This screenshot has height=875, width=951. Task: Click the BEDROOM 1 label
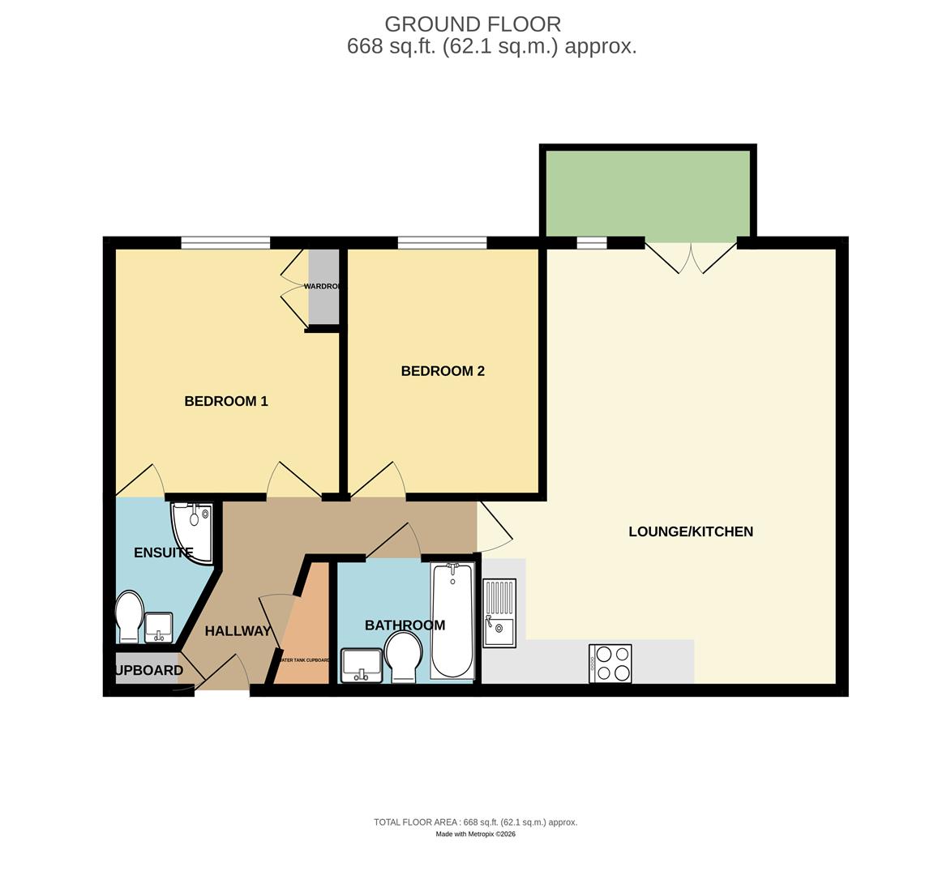226,401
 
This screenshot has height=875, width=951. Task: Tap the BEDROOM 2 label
443,371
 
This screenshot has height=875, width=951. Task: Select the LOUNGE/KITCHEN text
691,531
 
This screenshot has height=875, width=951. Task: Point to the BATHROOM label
405,625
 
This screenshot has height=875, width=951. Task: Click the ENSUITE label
163,553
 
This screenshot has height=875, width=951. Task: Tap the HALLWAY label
238,631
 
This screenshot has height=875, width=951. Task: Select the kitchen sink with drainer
499,612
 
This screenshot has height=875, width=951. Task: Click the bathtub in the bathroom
452,621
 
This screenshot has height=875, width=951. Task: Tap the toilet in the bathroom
402,657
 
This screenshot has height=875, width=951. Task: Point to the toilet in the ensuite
130,617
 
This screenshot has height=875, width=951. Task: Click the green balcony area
648,194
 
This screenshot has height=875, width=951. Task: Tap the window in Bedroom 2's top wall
442,242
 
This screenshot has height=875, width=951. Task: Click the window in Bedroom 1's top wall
225,242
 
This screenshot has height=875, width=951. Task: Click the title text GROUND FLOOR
473,24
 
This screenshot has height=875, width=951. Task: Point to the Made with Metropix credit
475,834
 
